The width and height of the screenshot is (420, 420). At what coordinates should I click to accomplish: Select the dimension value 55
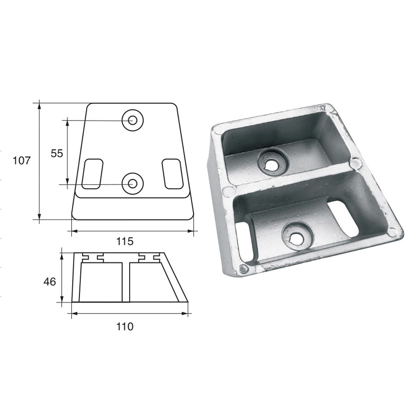57,153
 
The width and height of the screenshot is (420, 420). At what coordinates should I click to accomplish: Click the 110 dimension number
125,327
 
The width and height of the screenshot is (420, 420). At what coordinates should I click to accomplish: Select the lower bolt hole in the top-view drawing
133,183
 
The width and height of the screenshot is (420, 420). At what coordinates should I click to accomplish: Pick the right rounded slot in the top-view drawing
172,174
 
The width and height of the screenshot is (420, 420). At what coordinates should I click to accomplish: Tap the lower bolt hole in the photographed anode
296,238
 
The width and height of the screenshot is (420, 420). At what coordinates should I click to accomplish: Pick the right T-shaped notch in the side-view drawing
147,258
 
